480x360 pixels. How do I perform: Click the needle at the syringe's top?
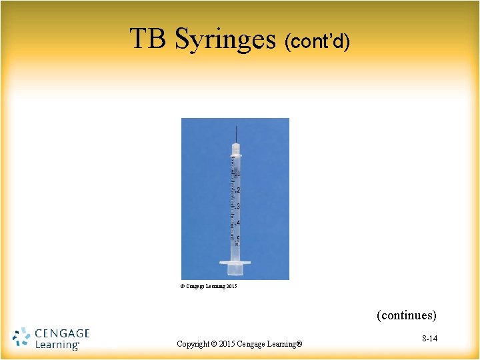point(235,133)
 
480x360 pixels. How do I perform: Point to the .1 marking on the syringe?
point(238,173)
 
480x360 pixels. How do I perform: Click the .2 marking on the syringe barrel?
point(238,190)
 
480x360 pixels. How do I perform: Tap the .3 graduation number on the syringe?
point(238,206)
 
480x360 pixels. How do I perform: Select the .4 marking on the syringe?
point(238,223)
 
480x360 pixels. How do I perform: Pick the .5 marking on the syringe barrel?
point(238,239)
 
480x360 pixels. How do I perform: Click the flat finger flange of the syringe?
point(235,263)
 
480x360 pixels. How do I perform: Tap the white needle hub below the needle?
point(235,148)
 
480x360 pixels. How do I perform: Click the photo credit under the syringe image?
point(209,287)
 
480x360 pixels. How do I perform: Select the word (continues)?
point(407,315)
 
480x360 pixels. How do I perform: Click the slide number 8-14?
point(429,339)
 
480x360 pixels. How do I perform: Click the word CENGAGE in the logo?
point(61,333)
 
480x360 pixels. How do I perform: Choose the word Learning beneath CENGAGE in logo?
point(56,345)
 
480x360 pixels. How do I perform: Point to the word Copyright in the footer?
point(197,344)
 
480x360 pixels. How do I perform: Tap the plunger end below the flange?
point(235,270)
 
